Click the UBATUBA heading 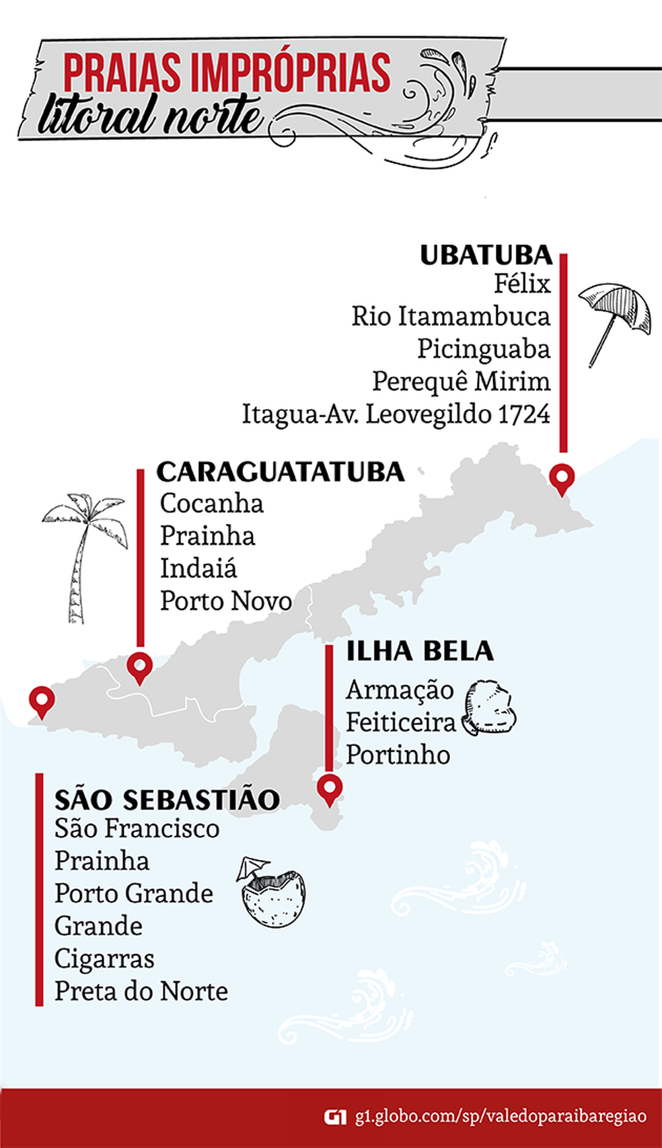click(x=486, y=256)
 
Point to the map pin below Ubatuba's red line click(x=561, y=480)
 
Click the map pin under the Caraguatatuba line click(x=140, y=667)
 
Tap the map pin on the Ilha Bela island click(x=330, y=788)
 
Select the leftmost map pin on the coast click(x=42, y=702)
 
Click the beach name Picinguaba click(x=483, y=348)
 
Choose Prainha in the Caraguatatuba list click(x=207, y=536)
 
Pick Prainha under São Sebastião click(x=102, y=861)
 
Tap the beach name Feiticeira click(x=401, y=722)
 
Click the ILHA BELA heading click(x=420, y=651)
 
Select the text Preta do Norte click(x=141, y=991)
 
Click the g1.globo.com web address click(x=501, y=1116)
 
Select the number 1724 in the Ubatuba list click(x=524, y=414)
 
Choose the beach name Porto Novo click(x=225, y=601)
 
